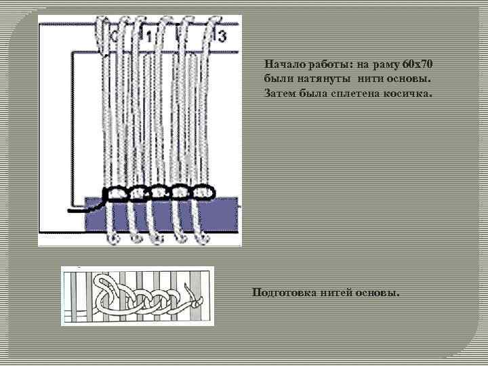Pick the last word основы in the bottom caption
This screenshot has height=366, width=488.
(380, 293)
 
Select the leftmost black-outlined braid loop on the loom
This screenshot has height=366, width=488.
(115, 195)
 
